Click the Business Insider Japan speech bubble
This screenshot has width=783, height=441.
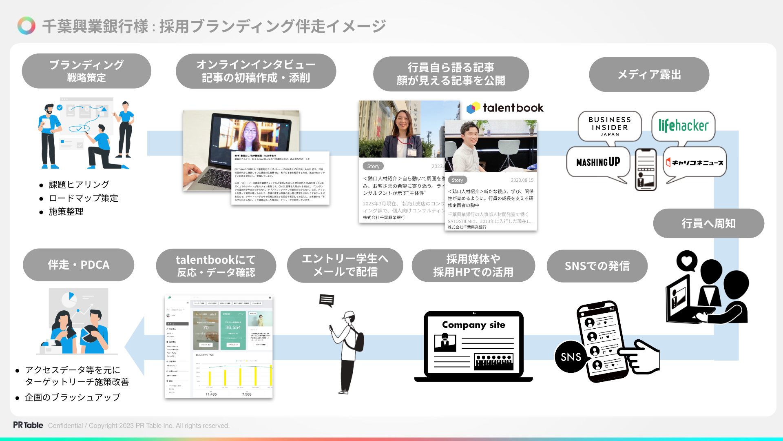609,126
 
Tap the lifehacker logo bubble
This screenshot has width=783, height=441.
683,126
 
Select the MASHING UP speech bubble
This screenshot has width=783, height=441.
598,162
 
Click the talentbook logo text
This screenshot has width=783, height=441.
513,108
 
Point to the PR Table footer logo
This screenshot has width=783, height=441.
28,425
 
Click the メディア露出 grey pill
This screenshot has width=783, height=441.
649,74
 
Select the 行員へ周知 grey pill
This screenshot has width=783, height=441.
708,223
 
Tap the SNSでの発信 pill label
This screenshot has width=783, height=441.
597,266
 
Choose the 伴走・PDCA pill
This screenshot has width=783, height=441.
78,265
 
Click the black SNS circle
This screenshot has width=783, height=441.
571,357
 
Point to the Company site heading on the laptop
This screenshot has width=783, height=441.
473,325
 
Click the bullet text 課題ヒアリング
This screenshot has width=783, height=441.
79,185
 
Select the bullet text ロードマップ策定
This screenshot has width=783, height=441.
83,198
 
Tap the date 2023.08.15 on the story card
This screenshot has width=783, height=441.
522,180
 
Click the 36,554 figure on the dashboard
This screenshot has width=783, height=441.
233,327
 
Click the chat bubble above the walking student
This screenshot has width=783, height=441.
327,300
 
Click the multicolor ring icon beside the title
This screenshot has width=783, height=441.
27,26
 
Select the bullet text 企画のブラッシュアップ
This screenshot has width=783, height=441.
73,397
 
